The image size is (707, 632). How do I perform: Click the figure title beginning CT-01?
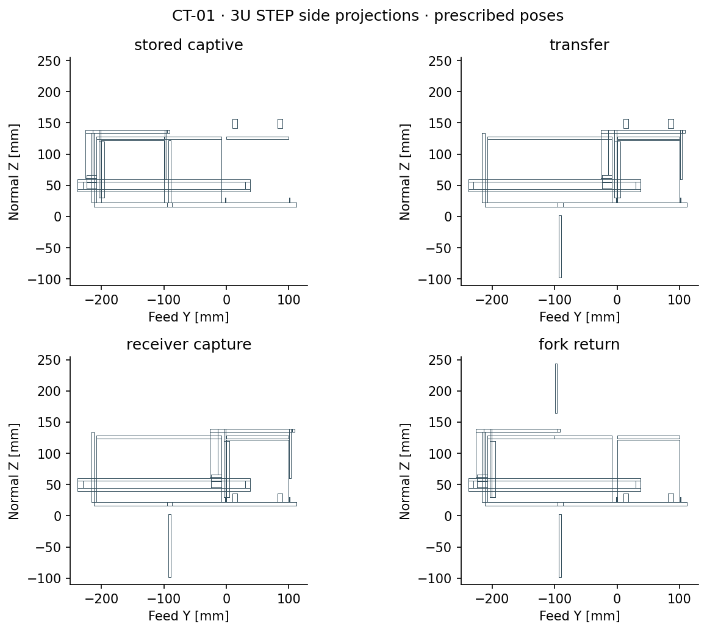[367, 16]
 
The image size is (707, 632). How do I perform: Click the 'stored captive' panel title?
[188, 45]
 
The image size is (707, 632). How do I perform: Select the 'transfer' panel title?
[579, 45]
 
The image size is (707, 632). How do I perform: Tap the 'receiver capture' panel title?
[188, 345]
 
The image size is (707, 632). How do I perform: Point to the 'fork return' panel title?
[579, 345]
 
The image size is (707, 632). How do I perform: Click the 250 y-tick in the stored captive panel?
[49, 60]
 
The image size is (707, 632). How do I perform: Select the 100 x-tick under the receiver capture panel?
[289, 598]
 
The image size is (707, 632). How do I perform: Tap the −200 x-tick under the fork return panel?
[492, 598]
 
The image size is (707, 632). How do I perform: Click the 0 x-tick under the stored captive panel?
[226, 300]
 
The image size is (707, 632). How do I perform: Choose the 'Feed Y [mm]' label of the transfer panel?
[580, 317]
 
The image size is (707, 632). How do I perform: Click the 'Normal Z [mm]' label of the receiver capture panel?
[14, 471]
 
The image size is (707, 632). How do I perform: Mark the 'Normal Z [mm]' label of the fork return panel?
[405, 471]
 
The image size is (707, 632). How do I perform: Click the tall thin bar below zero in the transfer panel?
[560, 246]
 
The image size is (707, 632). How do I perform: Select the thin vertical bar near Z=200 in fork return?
[556, 388]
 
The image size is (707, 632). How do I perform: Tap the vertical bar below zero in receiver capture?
[170, 545]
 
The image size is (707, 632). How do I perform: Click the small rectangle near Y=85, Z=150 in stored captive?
[280, 123]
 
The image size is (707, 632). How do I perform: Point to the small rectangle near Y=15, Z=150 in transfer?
[626, 123]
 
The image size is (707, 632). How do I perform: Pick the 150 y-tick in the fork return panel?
[440, 422]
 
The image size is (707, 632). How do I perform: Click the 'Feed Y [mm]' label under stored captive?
[188, 317]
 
